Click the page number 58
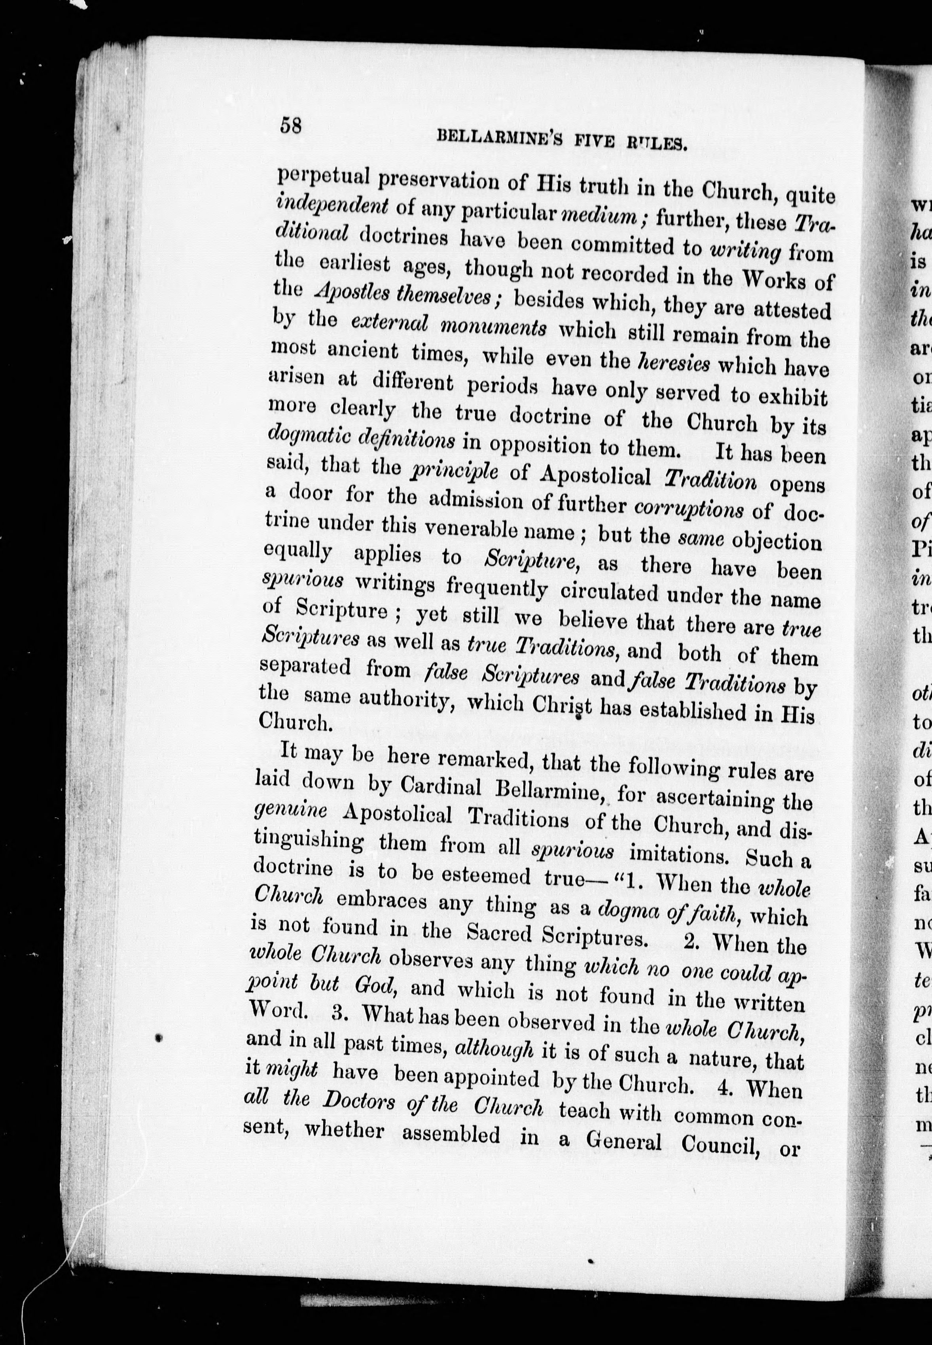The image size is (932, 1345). [291, 125]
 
